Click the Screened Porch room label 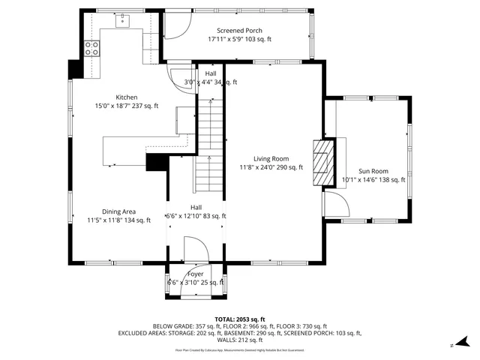pyautogui.click(x=239, y=31)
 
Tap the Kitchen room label pyautogui.click(x=126, y=97)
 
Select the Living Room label pyautogui.click(x=271, y=158)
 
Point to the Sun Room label pyautogui.click(x=373, y=171)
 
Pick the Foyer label pyautogui.click(x=195, y=274)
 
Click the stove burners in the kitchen pyautogui.click(x=92, y=49)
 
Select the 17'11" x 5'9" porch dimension pyautogui.click(x=239, y=39)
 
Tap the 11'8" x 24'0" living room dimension pyautogui.click(x=271, y=167)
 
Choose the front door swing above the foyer pyautogui.click(x=195, y=249)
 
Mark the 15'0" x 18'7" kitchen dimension pyautogui.click(x=126, y=106)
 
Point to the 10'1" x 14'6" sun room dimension pyautogui.click(x=373, y=180)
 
